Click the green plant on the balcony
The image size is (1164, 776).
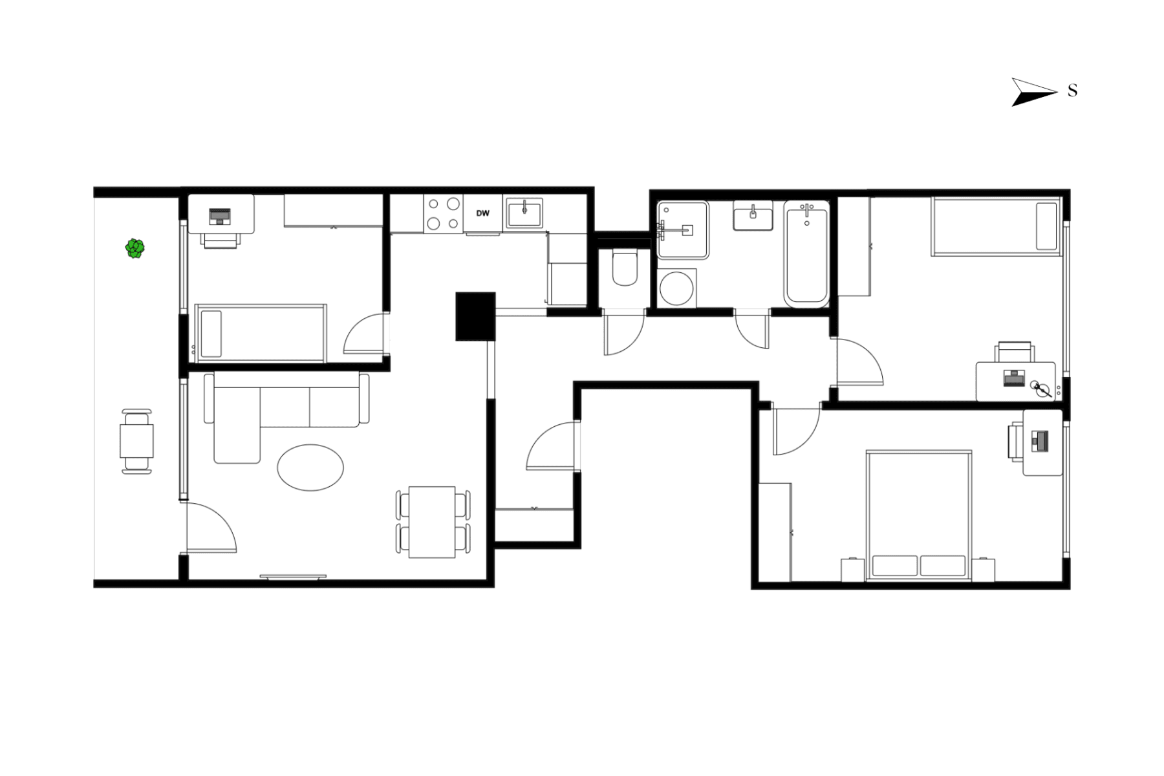(x=135, y=248)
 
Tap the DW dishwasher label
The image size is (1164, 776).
(x=482, y=213)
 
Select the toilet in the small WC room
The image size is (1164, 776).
(x=624, y=269)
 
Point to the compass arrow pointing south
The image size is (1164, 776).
(x=1033, y=92)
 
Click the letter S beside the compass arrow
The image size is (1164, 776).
(x=1072, y=91)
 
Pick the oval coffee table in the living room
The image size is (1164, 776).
(x=310, y=467)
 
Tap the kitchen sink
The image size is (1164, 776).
(x=524, y=213)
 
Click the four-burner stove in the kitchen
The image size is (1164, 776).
(x=444, y=213)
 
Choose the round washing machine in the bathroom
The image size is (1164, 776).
(x=676, y=288)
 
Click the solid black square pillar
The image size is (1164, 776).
(x=475, y=316)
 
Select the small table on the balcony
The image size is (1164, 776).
(x=136, y=442)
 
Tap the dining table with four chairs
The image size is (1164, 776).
(x=432, y=522)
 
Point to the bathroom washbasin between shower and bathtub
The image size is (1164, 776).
(x=753, y=215)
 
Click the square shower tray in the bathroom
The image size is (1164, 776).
(x=683, y=230)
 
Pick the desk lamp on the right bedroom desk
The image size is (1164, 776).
(x=1040, y=389)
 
